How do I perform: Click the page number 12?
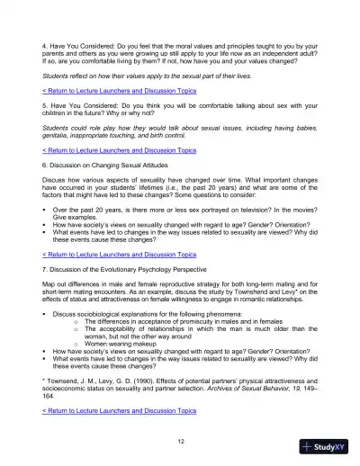[x=181, y=440]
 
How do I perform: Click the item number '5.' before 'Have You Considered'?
[x=46, y=106]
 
